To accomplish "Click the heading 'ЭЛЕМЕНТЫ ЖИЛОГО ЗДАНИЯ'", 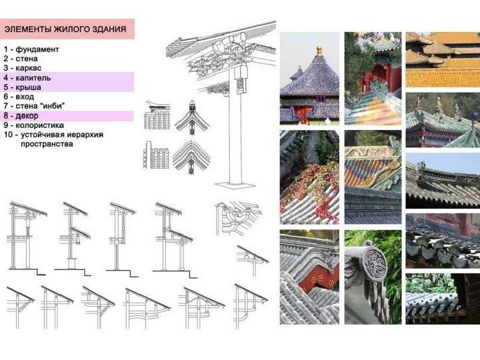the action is click(x=65, y=29).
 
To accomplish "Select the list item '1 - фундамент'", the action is click(x=31, y=49).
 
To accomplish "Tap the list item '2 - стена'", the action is click(x=21, y=59).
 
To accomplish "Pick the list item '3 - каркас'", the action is click(x=23, y=68).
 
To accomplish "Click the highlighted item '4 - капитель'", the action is click(x=27, y=78).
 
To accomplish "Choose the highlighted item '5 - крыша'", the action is click(x=23, y=87).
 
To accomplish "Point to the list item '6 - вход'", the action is click(x=19, y=97).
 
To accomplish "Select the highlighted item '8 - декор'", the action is click(x=21, y=116).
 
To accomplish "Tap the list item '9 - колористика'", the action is click(x=34, y=125).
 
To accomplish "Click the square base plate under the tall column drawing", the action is click(x=235, y=185).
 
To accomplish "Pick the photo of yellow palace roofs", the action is click(x=443, y=59).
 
